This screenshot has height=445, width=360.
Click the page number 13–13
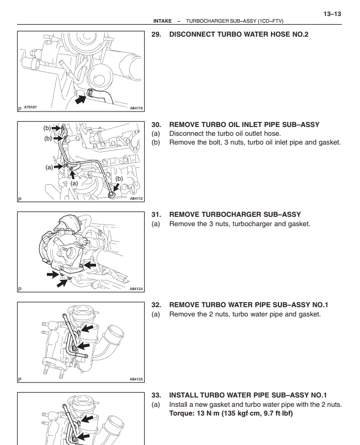click(332, 14)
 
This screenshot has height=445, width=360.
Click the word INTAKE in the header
click(163, 21)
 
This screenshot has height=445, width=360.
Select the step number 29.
click(156, 35)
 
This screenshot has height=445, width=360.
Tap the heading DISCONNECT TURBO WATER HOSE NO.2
click(239, 35)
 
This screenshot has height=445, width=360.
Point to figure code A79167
click(31, 107)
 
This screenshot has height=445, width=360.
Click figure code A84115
click(136, 108)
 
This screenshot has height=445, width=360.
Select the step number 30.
click(156, 124)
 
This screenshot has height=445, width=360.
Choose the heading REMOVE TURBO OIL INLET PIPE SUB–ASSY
click(244, 124)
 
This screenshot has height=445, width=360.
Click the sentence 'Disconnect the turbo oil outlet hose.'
click(225, 133)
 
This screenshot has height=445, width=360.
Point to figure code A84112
click(136, 198)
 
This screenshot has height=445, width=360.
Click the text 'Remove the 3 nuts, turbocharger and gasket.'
click(240, 224)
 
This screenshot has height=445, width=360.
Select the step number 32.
click(156, 305)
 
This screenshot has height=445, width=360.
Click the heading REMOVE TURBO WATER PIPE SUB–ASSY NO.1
click(249, 305)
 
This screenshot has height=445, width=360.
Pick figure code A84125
click(136, 379)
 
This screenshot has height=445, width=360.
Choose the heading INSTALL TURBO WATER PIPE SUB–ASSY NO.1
click(248, 395)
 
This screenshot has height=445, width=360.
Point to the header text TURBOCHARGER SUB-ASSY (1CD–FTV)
click(234, 21)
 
